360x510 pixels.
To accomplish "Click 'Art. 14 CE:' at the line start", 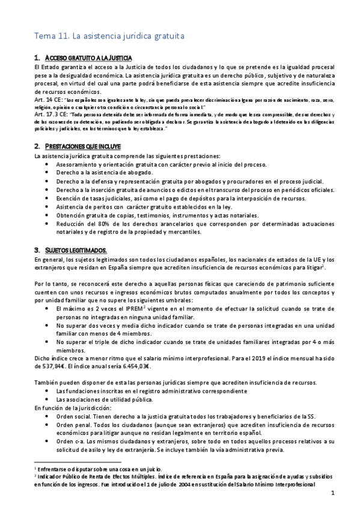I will click(x=49, y=99).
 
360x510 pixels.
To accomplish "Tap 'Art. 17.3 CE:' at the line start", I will click(x=52, y=112).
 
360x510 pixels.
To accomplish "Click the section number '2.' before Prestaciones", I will click(x=38, y=146).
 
